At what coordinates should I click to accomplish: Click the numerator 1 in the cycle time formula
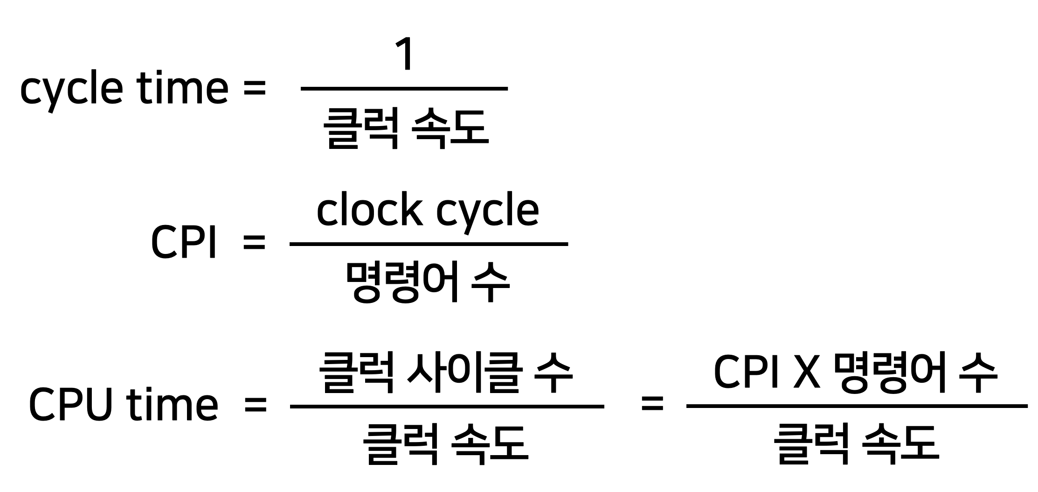(x=405, y=55)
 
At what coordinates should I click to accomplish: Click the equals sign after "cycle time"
(x=254, y=89)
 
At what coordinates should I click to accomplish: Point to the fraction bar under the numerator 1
(x=404, y=88)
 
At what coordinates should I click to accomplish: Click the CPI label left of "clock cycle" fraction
(x=183, y=243)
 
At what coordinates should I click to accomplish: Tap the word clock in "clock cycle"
(x=369, y=210)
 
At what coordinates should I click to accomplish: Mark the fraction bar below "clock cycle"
(x=428, y=244)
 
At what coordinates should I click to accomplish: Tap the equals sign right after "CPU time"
(x=256, y=405)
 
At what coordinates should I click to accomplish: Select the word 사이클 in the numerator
(x=463, y=373)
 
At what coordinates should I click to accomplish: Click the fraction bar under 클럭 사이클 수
(x=447, y=407)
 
